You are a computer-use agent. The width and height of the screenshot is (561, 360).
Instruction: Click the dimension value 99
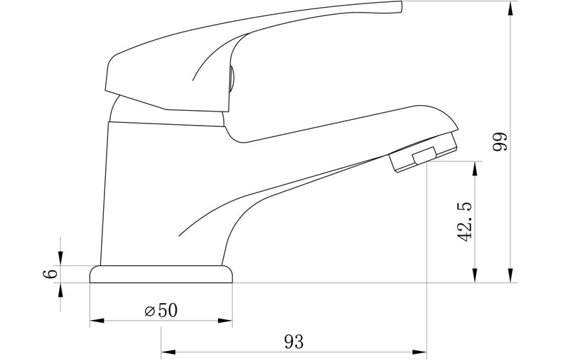[500, 142]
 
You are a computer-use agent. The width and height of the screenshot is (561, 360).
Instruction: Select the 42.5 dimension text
[465, 222]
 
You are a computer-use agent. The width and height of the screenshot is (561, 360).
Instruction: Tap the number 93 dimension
[294, 342]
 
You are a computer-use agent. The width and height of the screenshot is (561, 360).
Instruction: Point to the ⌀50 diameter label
[161, 310]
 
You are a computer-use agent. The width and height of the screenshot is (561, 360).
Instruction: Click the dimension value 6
[50, 274]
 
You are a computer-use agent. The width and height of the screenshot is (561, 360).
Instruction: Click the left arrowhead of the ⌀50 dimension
[97, 320]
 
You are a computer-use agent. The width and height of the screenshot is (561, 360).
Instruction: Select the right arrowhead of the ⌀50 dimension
[225, 320]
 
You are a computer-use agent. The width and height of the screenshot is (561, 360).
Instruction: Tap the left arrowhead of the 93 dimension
[168, 351]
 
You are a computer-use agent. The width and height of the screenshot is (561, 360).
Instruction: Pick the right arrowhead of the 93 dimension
[419, 351]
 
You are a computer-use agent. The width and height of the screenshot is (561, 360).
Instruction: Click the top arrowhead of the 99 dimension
[511, 8]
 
